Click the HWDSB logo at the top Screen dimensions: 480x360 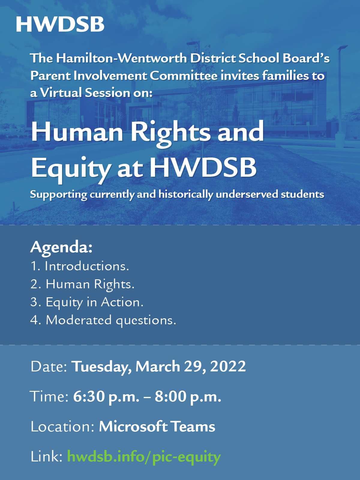click(x=60, y=24)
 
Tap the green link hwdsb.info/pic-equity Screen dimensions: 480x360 click(x=144, y=457)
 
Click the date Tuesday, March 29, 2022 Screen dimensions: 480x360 click(x=158, y=367)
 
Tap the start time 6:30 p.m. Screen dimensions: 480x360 click(x=106, y=397)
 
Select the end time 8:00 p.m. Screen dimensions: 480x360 click(x=188, y=397)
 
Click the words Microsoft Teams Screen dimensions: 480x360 click(x=157, y=427)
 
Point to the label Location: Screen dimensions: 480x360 click(x=63, y=427)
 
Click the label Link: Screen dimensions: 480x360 click(x=46, y=457)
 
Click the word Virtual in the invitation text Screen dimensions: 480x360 click(x=61, y=93)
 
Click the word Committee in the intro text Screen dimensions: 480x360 click(x=184, y=76)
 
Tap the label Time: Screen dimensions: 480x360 click(x=49, y=397)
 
